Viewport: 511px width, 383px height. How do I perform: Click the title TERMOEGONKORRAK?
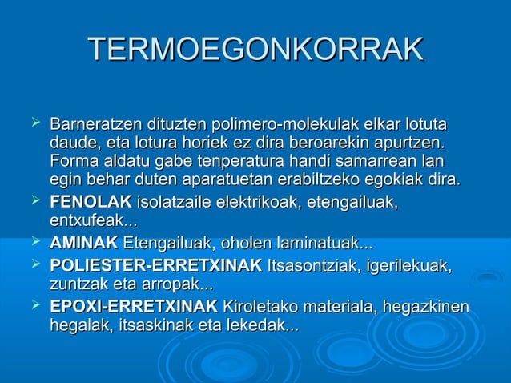[255, 50]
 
